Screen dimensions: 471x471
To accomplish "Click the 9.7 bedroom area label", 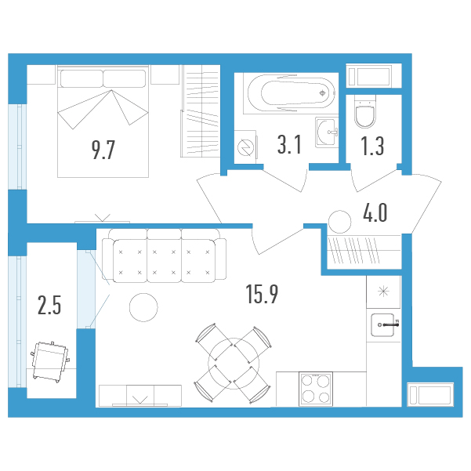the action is [x=103, y=150].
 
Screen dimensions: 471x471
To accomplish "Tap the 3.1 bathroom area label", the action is [x=289, y=144].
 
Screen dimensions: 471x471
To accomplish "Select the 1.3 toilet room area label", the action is [x=372, y=147].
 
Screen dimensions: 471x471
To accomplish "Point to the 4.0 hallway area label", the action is [x=375, y=212].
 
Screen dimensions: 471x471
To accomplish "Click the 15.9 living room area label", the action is [x=262, y=294].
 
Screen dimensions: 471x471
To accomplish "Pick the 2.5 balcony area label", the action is [x=49, y=305].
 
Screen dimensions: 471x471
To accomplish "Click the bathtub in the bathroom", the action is [x=291, y=93].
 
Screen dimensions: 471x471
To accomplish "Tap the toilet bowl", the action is [x=365, y=111].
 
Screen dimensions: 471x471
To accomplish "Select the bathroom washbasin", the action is [x=327, y=132].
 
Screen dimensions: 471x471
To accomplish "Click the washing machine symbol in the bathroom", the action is [x=245, y=147].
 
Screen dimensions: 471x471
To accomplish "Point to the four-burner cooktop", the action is [x=316, y=389].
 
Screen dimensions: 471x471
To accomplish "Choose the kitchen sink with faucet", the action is [x=384, y=324].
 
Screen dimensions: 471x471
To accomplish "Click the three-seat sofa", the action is [x=164, y=255].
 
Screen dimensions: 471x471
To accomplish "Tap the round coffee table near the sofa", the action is [x=143, y=307].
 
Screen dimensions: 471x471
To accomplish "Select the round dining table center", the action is [x=234, y=364].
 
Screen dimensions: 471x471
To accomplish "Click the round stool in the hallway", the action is [x=340, y=222].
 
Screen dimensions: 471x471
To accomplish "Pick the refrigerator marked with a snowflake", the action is [x=383, y=292].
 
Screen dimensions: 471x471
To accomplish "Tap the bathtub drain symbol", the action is [x=322, y=93].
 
